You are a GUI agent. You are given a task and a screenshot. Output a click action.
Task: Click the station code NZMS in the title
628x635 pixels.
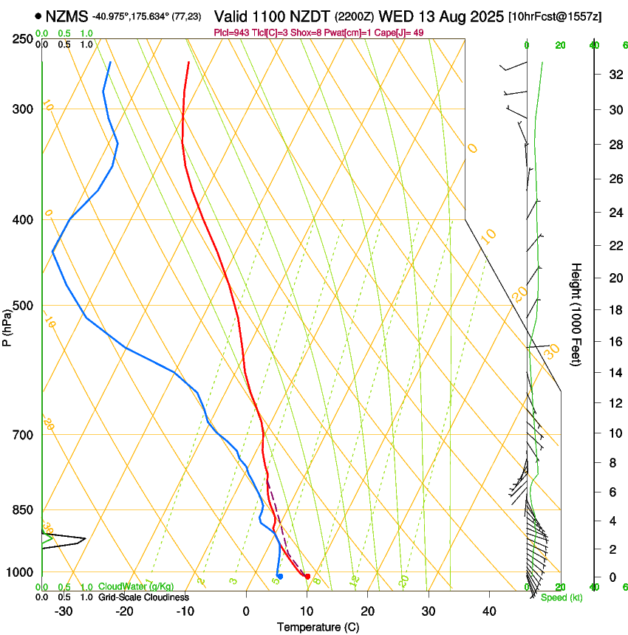point(66,16)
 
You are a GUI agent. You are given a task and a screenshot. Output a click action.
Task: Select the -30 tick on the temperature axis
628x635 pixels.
point(64,611)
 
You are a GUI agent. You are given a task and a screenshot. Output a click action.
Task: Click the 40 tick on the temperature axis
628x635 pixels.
point(488,611)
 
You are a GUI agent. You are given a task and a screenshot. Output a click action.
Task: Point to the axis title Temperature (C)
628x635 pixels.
point(318,627)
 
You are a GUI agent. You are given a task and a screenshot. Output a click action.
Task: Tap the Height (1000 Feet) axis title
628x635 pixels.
point(576,314)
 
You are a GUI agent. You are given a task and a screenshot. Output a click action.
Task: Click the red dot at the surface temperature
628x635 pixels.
point(307,577)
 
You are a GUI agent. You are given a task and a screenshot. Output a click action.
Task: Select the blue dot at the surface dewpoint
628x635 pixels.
point(280,577)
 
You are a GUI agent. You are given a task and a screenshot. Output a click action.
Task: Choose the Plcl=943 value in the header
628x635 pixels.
point(231,32)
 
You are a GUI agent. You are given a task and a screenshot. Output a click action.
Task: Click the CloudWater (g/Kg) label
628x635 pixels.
point(136,587)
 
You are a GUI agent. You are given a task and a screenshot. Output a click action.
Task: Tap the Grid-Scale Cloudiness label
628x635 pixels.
point(143,597)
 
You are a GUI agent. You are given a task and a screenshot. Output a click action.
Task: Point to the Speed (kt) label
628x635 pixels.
point(561,597)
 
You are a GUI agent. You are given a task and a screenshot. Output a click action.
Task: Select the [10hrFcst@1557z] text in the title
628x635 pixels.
point(554,16)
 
